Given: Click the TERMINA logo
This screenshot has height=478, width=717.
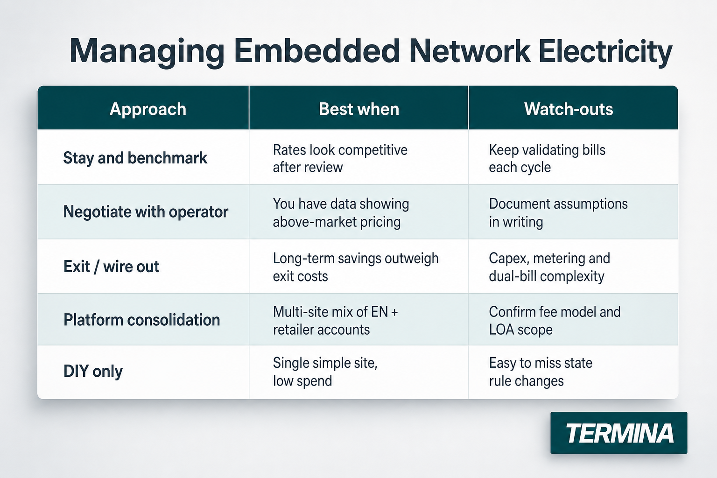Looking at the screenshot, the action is pyautogui.click(x=619, y=433).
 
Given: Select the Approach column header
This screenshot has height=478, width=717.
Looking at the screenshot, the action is pyautogui.click(x=148, y=109).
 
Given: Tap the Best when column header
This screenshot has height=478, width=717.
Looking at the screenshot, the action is pyautogui.click(x=359, y=109).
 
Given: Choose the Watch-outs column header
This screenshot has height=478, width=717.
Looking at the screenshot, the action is pyautogui.click(x=569, y=109).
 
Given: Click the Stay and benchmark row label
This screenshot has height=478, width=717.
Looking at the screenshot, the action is pyautogui.click(x=135, y=158).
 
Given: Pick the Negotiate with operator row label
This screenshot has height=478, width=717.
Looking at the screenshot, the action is pyautogui.click(x=146, y=211).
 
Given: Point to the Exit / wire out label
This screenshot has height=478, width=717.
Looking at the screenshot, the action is pyautogui.click(x=112, y=267).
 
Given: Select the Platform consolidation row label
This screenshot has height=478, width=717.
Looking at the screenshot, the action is pyautogui.click(x=142, y=320).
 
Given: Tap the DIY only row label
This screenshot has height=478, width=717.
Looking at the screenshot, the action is pyautogui.click(x=93, y=372).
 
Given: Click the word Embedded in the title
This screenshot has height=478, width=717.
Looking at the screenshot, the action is pyautogui.click(x=317, y=51).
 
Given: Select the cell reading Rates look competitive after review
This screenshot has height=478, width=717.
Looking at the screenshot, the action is pyautogui.click(x=340, y=159).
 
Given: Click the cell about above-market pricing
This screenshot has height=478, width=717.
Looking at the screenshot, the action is pyautogui.click(x=341, y=213).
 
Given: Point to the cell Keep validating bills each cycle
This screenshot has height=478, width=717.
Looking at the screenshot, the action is pyautogui.click(x=547, y=159).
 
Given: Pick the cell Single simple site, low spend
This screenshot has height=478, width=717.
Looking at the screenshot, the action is pyautogui.click(x=325, y=372).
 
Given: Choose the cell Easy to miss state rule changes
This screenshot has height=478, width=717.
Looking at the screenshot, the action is pyautogui.click(x=541, y=372).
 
